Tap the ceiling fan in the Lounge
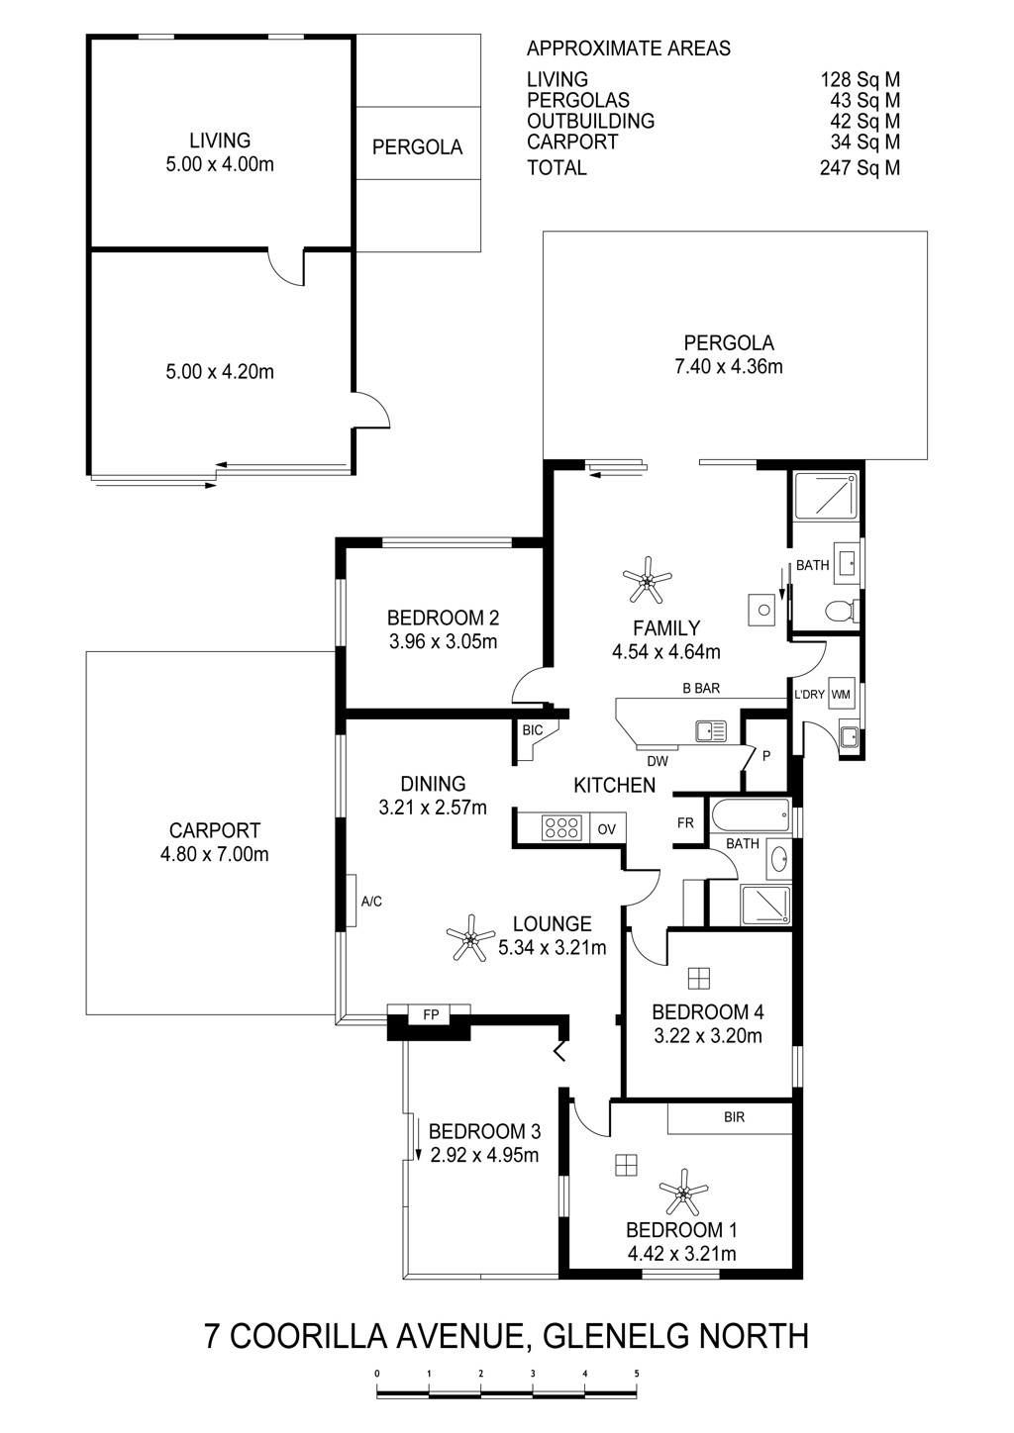coord(470,938)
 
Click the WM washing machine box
coord(841,694)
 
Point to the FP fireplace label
coord(431,1014)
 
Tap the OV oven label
coord(606,829)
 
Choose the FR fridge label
coord(685,822)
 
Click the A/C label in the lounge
coord(371,902)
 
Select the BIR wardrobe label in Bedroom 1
coord(734,1117)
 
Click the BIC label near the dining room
coord(532,730)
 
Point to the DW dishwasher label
coord(658,761)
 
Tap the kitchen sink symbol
coord(711,730)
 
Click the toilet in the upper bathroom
coord(842,612)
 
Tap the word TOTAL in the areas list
coord(557,167)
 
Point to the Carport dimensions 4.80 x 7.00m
coord(214,854)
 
